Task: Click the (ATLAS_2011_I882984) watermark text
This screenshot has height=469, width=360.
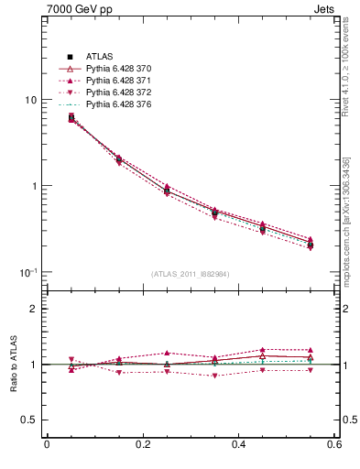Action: click(191, 274)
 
